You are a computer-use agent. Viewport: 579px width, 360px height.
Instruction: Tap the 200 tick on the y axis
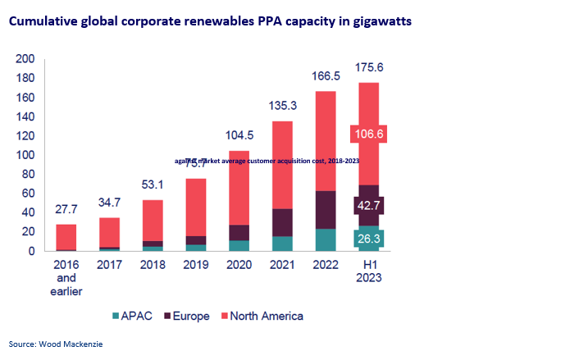(25, 59)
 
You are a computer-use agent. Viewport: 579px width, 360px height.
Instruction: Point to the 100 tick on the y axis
(25, 155)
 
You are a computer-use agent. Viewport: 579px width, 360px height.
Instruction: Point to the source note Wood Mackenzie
(56, 345)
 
